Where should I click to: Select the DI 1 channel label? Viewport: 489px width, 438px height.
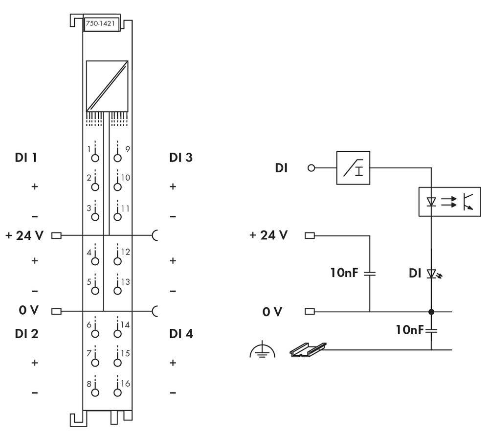pyautogui.click(x=27, y=158)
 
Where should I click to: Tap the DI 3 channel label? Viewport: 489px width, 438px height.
pyautogui.click(x=180, y=158)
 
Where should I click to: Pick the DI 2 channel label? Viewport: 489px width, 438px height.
pyautogui.click(x=27, y=334)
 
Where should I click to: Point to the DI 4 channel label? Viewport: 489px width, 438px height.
pyautogui.click(x=180, y=334)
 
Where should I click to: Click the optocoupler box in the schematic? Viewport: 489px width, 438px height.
pyautogui.click(x=449, y=201)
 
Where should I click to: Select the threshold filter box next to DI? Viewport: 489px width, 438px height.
pyautogui.click(x=354, y=168)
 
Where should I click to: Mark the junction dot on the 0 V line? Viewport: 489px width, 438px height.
pyautogui.click(x=431, y=311)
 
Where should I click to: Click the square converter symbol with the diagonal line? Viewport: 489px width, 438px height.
pyautogui.click(x=107, y=86)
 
